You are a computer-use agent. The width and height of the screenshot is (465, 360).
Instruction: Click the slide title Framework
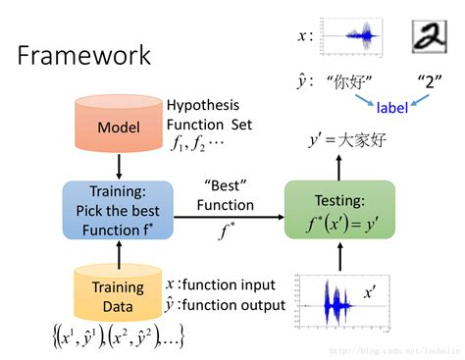pos(84,54)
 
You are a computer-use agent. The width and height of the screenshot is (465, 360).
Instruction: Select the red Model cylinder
pos(118,127)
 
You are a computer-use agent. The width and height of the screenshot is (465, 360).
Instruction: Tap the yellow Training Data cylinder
pos(118,294)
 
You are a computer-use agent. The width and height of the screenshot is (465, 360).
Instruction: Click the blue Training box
pos(118,210)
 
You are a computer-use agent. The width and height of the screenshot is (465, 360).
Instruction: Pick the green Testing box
pos(339,210)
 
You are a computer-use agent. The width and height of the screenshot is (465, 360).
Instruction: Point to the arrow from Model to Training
pos(118,167)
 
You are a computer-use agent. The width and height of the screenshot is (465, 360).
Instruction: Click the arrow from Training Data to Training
pos(118,252)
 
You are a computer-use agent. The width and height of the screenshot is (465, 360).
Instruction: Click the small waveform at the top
pos(355,36)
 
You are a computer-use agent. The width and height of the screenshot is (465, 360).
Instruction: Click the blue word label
pos(392,106)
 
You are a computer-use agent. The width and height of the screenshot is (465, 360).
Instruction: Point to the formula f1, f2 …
pos(195,141)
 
